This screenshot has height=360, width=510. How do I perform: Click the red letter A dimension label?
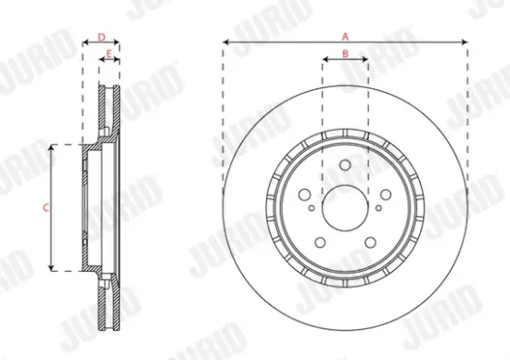tap(345, 35)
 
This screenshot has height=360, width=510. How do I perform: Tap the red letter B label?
tap(345, 53)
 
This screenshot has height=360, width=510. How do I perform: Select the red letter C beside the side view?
tap(45, 207)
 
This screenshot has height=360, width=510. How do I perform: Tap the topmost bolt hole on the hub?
tap(344, 165)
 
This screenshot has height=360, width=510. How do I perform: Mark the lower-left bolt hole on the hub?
tap(320, 243)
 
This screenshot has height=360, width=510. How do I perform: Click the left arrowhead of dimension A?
tap(226, 42)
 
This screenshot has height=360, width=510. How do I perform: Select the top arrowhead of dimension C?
tap(51, 147)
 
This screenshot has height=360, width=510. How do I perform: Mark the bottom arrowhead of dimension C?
tap(51, 269)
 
